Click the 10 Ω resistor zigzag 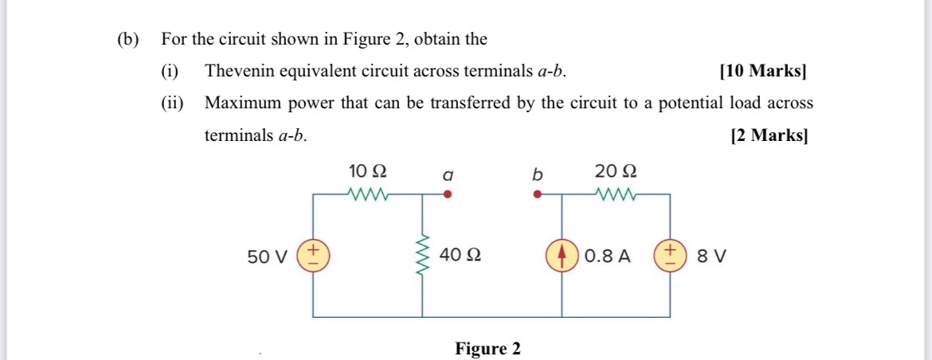pos(368,193)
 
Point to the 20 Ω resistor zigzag pos(616,193)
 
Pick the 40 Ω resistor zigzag pos(422,256)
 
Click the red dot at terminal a pos(448,194)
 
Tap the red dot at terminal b pos(538,194)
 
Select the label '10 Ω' pos(368,171)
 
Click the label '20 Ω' pos(616,171)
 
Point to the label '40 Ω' pos(460,256)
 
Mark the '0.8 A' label pos(607,256)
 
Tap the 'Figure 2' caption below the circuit pos(488,349)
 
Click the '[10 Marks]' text pos(762,71)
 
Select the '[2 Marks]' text pos(769,135)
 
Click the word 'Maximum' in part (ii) pos(239,104)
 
